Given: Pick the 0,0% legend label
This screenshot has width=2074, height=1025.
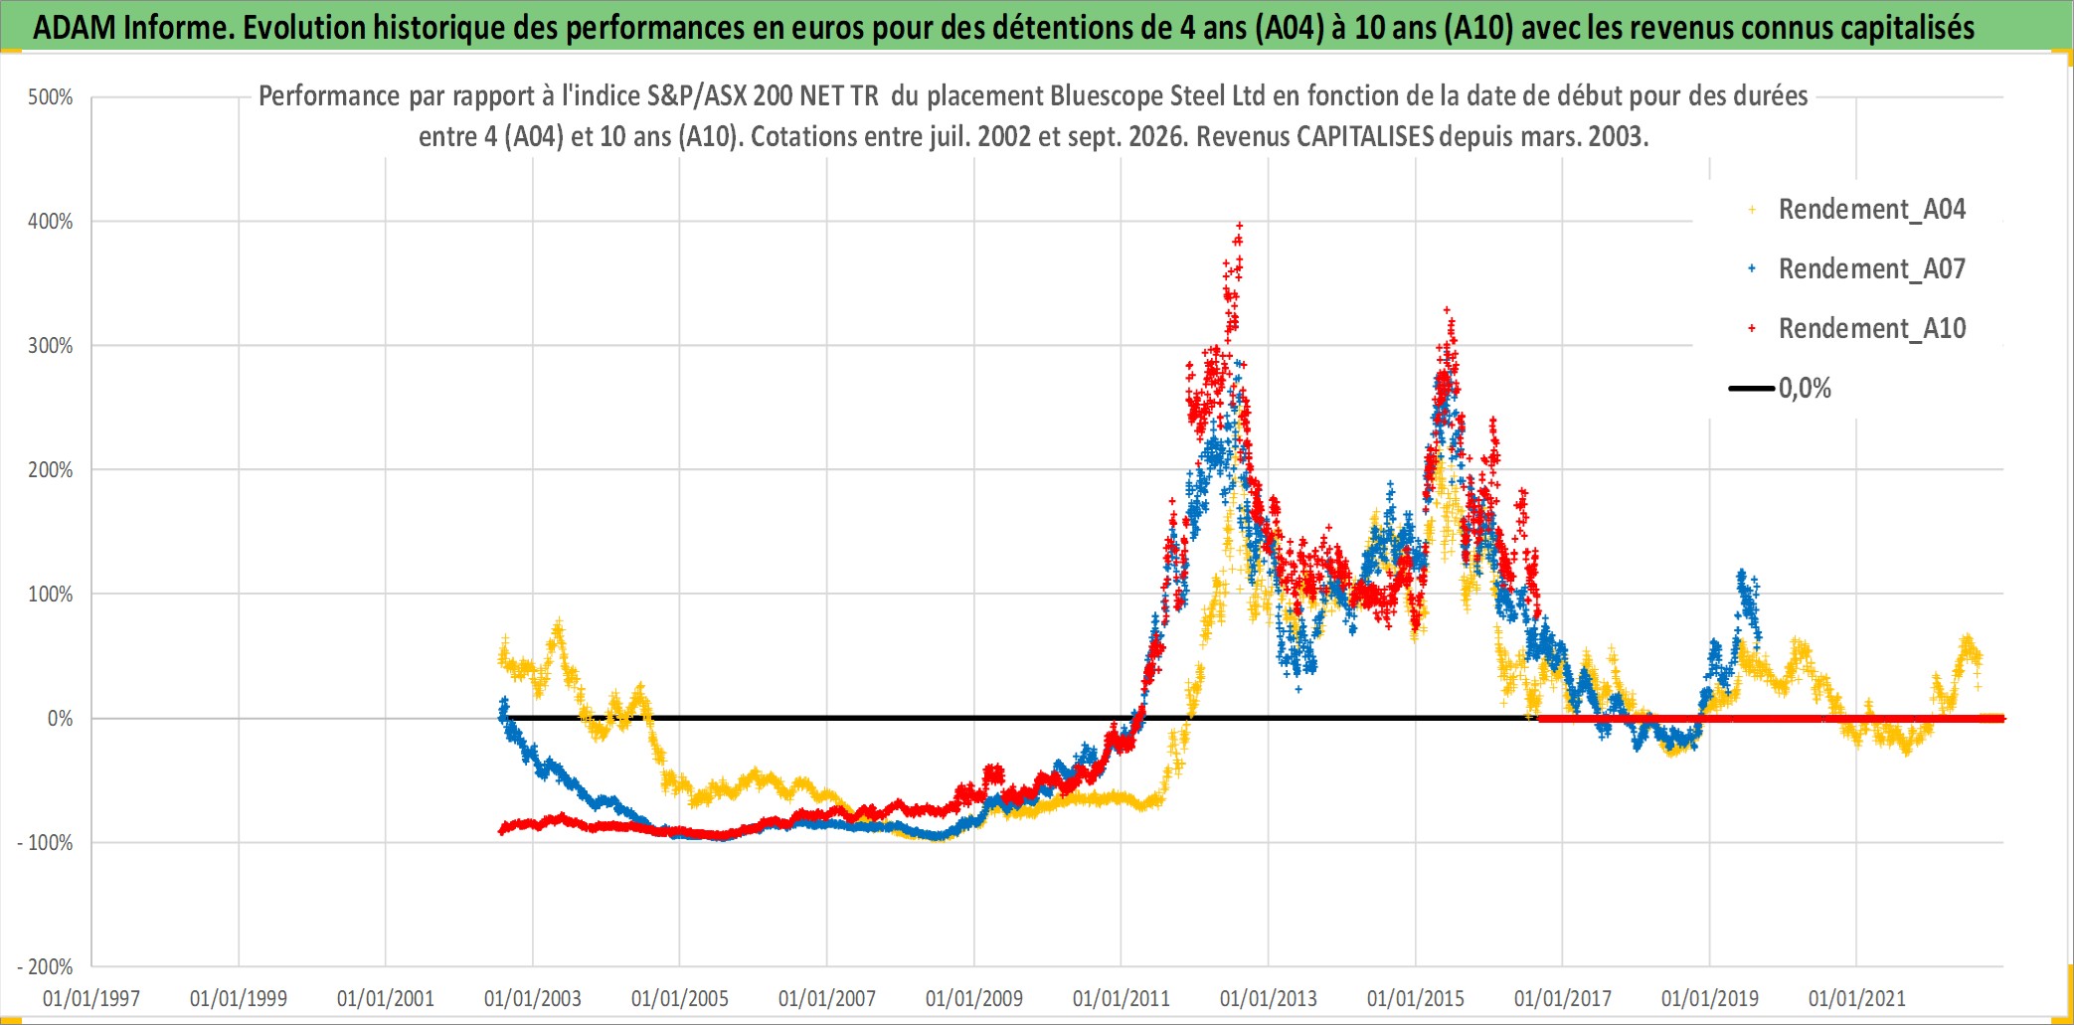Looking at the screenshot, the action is click(1805, 388).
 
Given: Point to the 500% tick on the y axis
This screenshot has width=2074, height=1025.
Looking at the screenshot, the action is click(51, 97).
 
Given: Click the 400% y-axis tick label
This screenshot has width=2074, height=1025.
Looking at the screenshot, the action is click(51, 222).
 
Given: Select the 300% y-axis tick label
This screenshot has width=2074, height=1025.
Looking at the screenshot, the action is click(51, 346).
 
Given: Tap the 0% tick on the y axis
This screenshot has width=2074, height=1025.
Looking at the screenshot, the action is click(60, 719).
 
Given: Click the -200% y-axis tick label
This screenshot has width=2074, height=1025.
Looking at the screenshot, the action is click(46, 967).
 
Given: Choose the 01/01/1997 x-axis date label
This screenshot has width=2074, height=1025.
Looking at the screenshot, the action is click(91, 998).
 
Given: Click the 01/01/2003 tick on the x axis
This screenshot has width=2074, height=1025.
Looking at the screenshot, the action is click(533, 998).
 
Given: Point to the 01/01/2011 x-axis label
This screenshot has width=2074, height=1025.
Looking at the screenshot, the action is click(1122, 998).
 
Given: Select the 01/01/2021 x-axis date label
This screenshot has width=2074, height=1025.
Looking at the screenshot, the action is click(1857, 998).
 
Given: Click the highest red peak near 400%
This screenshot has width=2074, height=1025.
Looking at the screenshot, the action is click(1239, 226).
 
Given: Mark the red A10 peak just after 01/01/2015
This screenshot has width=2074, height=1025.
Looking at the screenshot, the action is click(1447, 310).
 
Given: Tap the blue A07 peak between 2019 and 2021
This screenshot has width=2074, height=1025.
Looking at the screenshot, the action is click(1741, 574).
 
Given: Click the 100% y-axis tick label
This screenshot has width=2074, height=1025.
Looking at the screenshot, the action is click(51, 595).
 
